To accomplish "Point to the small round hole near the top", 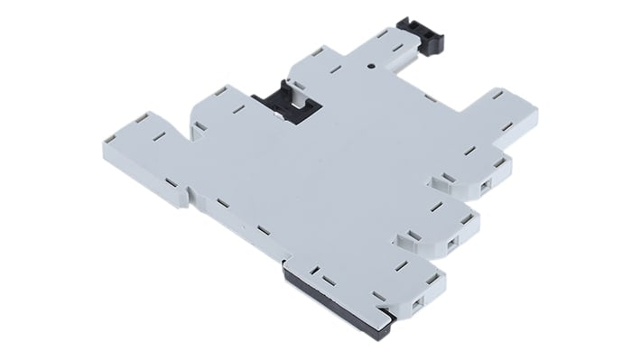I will pyautogui.click(x=371, y=66).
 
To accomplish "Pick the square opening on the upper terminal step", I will pyautogui.click(x=487, y=184).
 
